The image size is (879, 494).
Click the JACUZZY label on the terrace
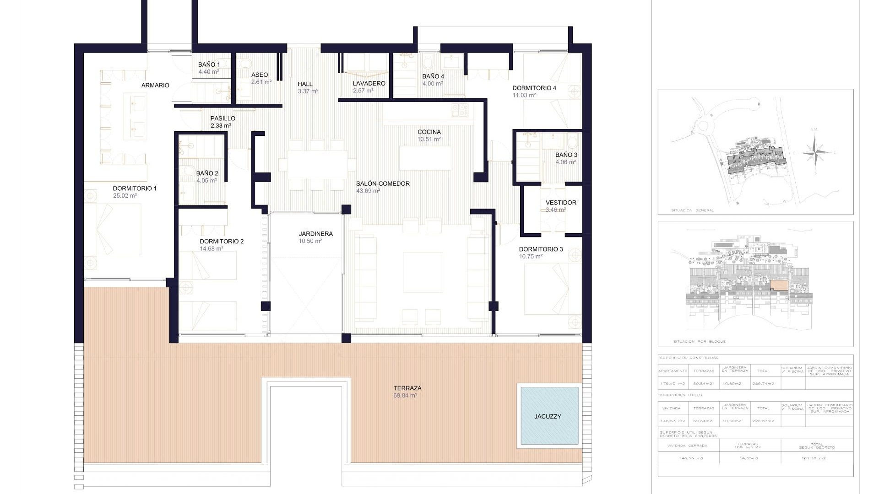point(547,416)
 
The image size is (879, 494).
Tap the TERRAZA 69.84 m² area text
point(405,396)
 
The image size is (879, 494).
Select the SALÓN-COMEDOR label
point(383,183)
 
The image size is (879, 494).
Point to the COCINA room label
point(429,132)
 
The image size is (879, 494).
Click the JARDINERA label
point(315,234)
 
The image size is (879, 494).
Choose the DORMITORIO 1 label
point(135,188)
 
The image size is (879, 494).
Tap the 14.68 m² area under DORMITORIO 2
point(212,249)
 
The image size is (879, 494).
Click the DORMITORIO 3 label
point(541,249)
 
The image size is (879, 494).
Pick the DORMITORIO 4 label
point(534,88)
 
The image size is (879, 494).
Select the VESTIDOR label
point(561,203)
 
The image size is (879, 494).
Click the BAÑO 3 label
point(566,155)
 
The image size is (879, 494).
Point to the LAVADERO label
point(369,83)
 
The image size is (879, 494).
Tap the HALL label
point(305,84)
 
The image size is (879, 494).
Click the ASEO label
point(260,75)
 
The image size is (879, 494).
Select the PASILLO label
point(222,118)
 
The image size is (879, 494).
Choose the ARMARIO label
point(155,86)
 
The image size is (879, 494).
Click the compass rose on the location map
point(815,152)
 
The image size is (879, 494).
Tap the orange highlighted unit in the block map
point(779,285)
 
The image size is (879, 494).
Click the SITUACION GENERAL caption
point(692,210)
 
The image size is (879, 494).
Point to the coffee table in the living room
point(423,272)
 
